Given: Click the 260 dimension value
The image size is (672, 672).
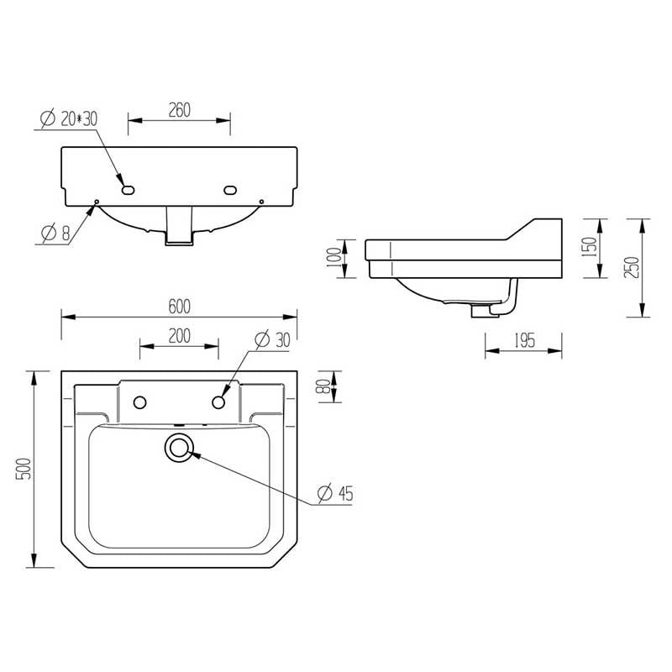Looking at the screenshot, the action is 179,110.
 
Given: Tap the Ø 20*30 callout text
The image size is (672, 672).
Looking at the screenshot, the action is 69,118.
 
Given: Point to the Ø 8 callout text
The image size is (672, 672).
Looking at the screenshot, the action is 55,234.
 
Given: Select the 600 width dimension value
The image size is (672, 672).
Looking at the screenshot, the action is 179,307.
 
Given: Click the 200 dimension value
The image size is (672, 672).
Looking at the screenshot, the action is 179,336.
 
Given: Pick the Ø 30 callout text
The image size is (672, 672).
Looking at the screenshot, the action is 272,340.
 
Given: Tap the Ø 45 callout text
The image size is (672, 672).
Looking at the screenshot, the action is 335,494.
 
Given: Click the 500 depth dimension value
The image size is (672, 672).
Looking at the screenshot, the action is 24,469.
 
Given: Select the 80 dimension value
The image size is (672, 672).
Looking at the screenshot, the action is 325,386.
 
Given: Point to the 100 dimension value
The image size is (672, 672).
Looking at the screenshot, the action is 334,258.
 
